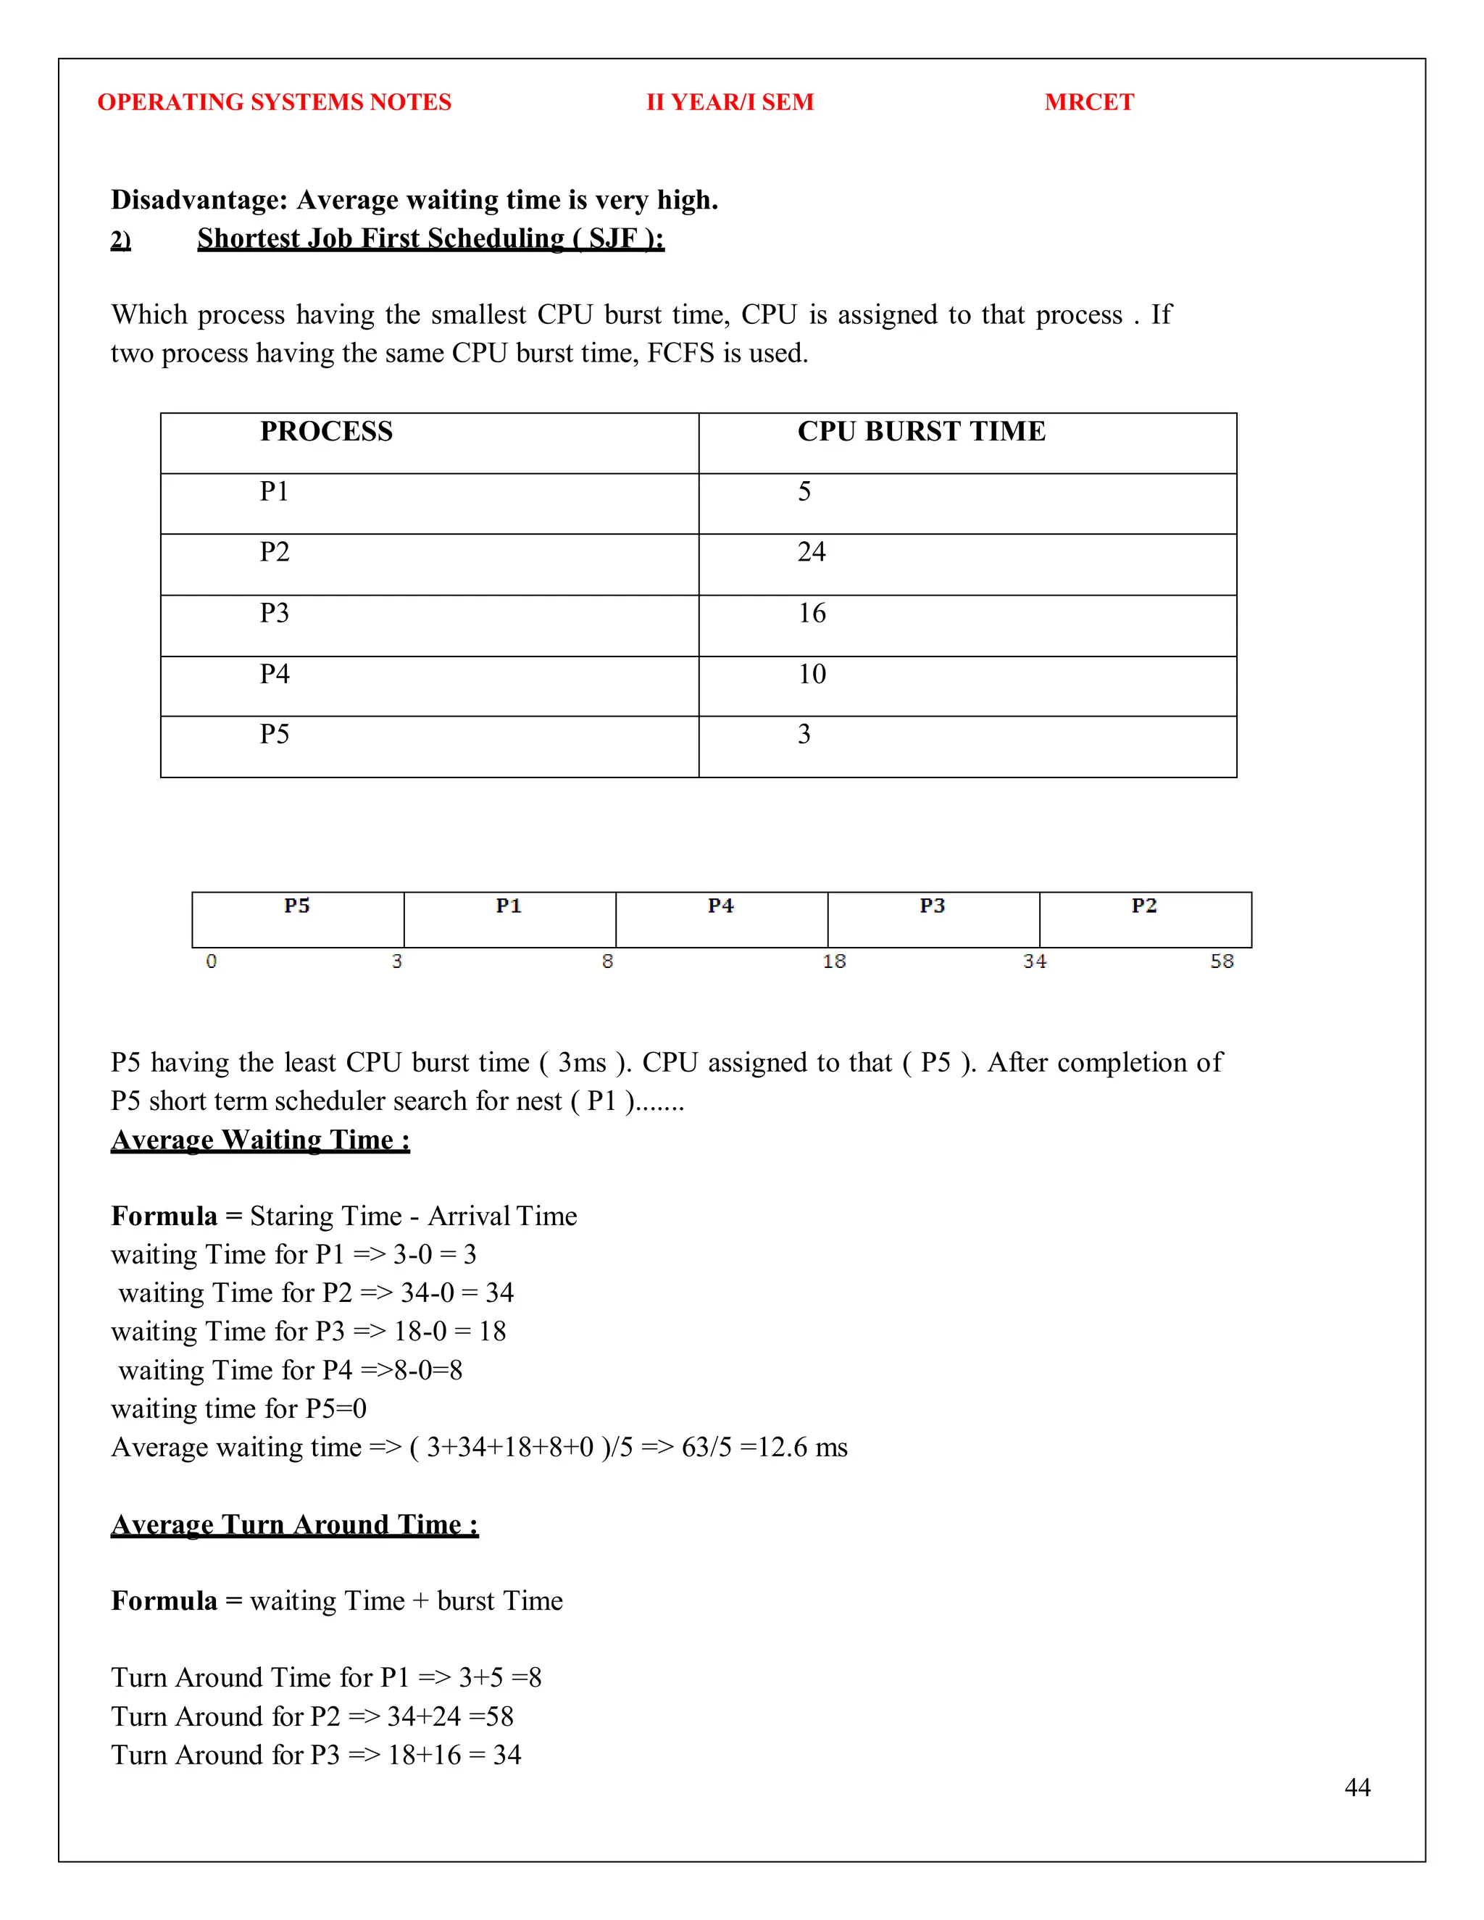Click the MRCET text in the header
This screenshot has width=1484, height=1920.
(x=1088, y=102)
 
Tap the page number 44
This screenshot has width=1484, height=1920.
(x=1356, y=1787)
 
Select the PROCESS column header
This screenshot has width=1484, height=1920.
(x=326, y=432)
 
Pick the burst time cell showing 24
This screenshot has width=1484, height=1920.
(x=811, y=552)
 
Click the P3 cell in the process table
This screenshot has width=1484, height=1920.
(x=275, y=613)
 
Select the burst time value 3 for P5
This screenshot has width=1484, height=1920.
(x=804, y=734)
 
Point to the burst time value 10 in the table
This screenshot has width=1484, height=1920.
(x=812, y=675)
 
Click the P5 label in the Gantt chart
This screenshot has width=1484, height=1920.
(x=297, y=906)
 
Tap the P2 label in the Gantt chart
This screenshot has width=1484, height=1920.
(x=1143, y=906)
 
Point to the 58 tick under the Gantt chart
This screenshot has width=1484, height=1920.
(x=1221, y=961)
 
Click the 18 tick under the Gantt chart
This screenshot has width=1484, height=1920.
(x=833, y=961)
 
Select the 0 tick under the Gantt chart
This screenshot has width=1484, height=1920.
(x=211, y=961)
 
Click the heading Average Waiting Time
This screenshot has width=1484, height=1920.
(x=260, y=1140)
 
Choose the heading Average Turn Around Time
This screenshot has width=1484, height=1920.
(x=294, y=1524)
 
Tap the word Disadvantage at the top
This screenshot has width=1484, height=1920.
(x=199, y=201)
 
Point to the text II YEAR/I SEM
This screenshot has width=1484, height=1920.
(x=730, y=102)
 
